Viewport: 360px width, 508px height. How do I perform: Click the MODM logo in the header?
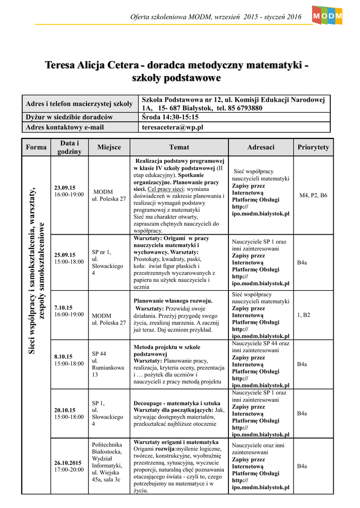[327, 16]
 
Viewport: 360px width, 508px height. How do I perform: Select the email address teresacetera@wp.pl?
[173, 127]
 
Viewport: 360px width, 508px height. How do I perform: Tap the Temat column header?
[179, 147]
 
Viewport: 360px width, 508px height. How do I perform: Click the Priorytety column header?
[313, 147]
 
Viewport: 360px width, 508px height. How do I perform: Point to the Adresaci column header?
[261, 147]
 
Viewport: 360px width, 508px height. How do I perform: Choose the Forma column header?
[36, 147]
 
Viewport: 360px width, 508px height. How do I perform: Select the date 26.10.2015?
[68, 463]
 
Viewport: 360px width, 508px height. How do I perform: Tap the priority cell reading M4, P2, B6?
[313, 195]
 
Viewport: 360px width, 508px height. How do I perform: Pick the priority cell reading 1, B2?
[303, 315]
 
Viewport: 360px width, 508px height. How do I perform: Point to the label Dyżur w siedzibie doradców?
[69, 117]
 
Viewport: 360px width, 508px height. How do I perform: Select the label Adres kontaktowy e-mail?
[65, 127]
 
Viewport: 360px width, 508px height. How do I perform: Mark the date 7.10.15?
[63, 308]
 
